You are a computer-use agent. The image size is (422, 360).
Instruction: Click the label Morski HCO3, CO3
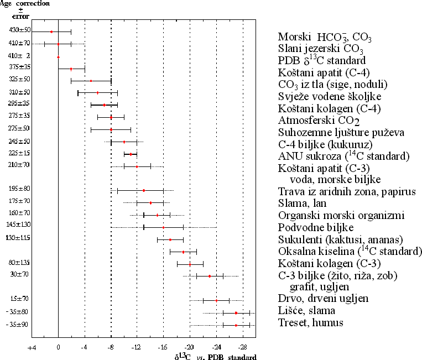324,38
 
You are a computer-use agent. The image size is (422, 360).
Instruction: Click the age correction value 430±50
20,30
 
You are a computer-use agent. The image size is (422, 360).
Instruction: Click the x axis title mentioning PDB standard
215,357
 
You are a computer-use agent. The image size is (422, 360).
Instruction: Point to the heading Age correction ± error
21,9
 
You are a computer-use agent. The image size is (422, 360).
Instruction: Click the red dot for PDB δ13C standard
58,56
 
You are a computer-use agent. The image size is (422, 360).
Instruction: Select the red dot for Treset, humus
236,325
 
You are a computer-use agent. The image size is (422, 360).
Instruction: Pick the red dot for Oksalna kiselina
184,252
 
